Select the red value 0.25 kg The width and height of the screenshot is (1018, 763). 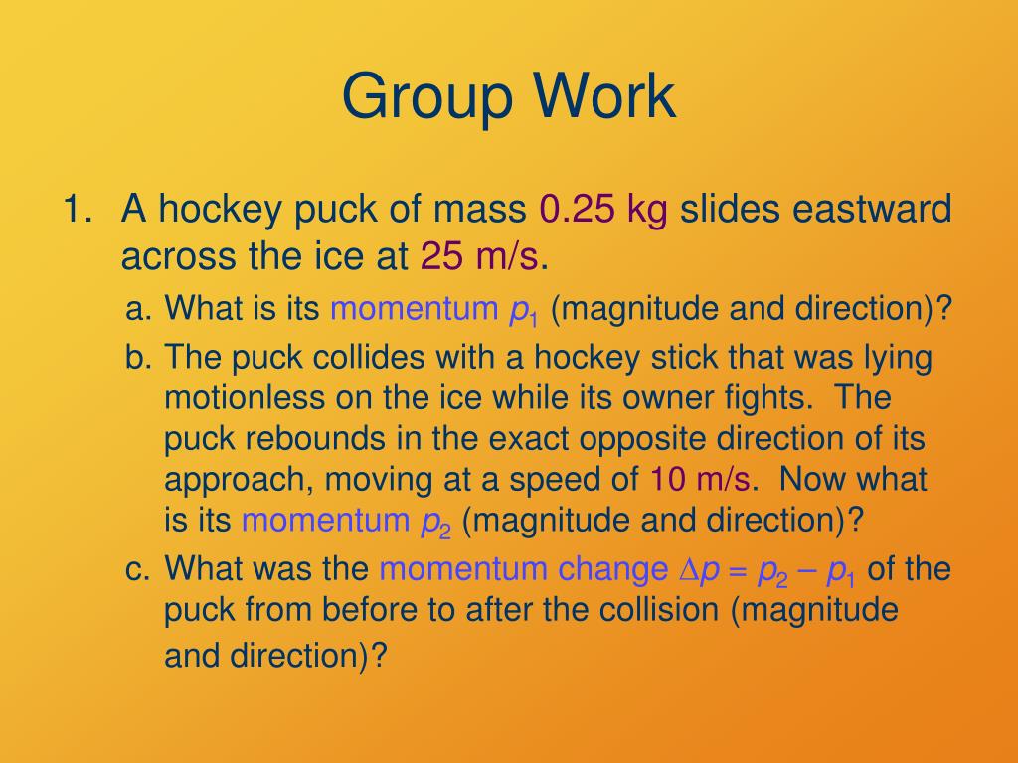[602, 211]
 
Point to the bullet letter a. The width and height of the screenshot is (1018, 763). [137, 310]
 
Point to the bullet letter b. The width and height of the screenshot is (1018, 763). [137, 358]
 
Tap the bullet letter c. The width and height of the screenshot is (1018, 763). [137, 570]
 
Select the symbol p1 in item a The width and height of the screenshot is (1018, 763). [523, 312]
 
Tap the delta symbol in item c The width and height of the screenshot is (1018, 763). [688, 570]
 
